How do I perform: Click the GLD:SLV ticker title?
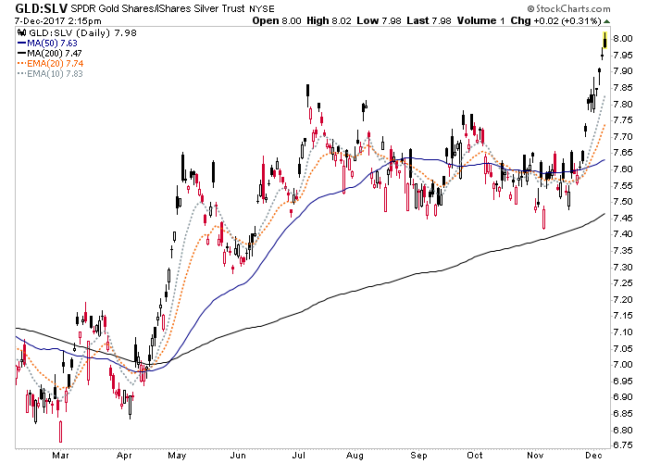coord(41,7)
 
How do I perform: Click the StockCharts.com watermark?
coord(568,8)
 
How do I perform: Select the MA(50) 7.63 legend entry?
coord(47,43)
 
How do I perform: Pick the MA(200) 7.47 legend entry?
coord(50,53)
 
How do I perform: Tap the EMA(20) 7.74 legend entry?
coord(50,63)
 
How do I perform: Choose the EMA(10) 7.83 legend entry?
coord(50,73)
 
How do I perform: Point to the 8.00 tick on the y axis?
coord(623,39)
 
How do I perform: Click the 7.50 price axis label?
coord(623,202)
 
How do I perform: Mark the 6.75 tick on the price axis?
coord(623,445)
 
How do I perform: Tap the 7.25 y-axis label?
coord(623,283)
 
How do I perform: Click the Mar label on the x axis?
coord(60,456)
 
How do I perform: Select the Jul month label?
coord(299,456)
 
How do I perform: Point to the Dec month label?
coord(593,456)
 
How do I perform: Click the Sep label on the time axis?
coord(418,456)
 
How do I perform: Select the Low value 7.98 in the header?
coord(391,20)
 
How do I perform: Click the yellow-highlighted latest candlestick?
coord(605,40)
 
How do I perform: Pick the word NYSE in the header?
coord(262,8)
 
